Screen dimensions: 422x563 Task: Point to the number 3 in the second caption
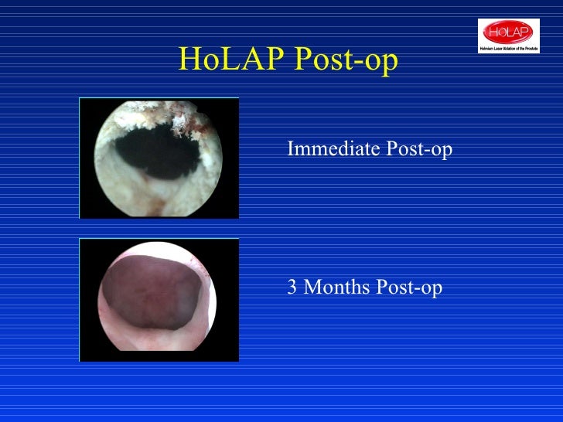point(292,288)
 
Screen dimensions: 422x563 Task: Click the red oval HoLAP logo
point(508,32)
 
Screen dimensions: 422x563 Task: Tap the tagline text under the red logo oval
point(508,48)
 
